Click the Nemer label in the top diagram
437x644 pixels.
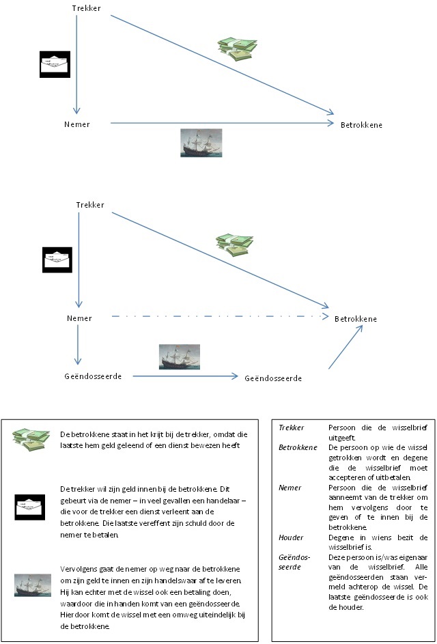tap(76, 124)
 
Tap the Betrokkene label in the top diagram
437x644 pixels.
tap(361, 124)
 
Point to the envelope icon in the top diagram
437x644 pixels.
tap(54, 64)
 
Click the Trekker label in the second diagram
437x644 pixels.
tap(90, 205)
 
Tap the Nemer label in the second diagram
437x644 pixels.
tap(79, 318)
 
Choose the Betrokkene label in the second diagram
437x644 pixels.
tap(355, 319)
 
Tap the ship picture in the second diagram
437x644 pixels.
tap(180, 357)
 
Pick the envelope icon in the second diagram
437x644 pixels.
tap(57, 260)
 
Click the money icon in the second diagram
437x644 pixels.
tap(235, 245)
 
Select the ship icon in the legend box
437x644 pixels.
tap(31, 585)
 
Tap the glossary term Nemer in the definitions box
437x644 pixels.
tap(290, 488)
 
